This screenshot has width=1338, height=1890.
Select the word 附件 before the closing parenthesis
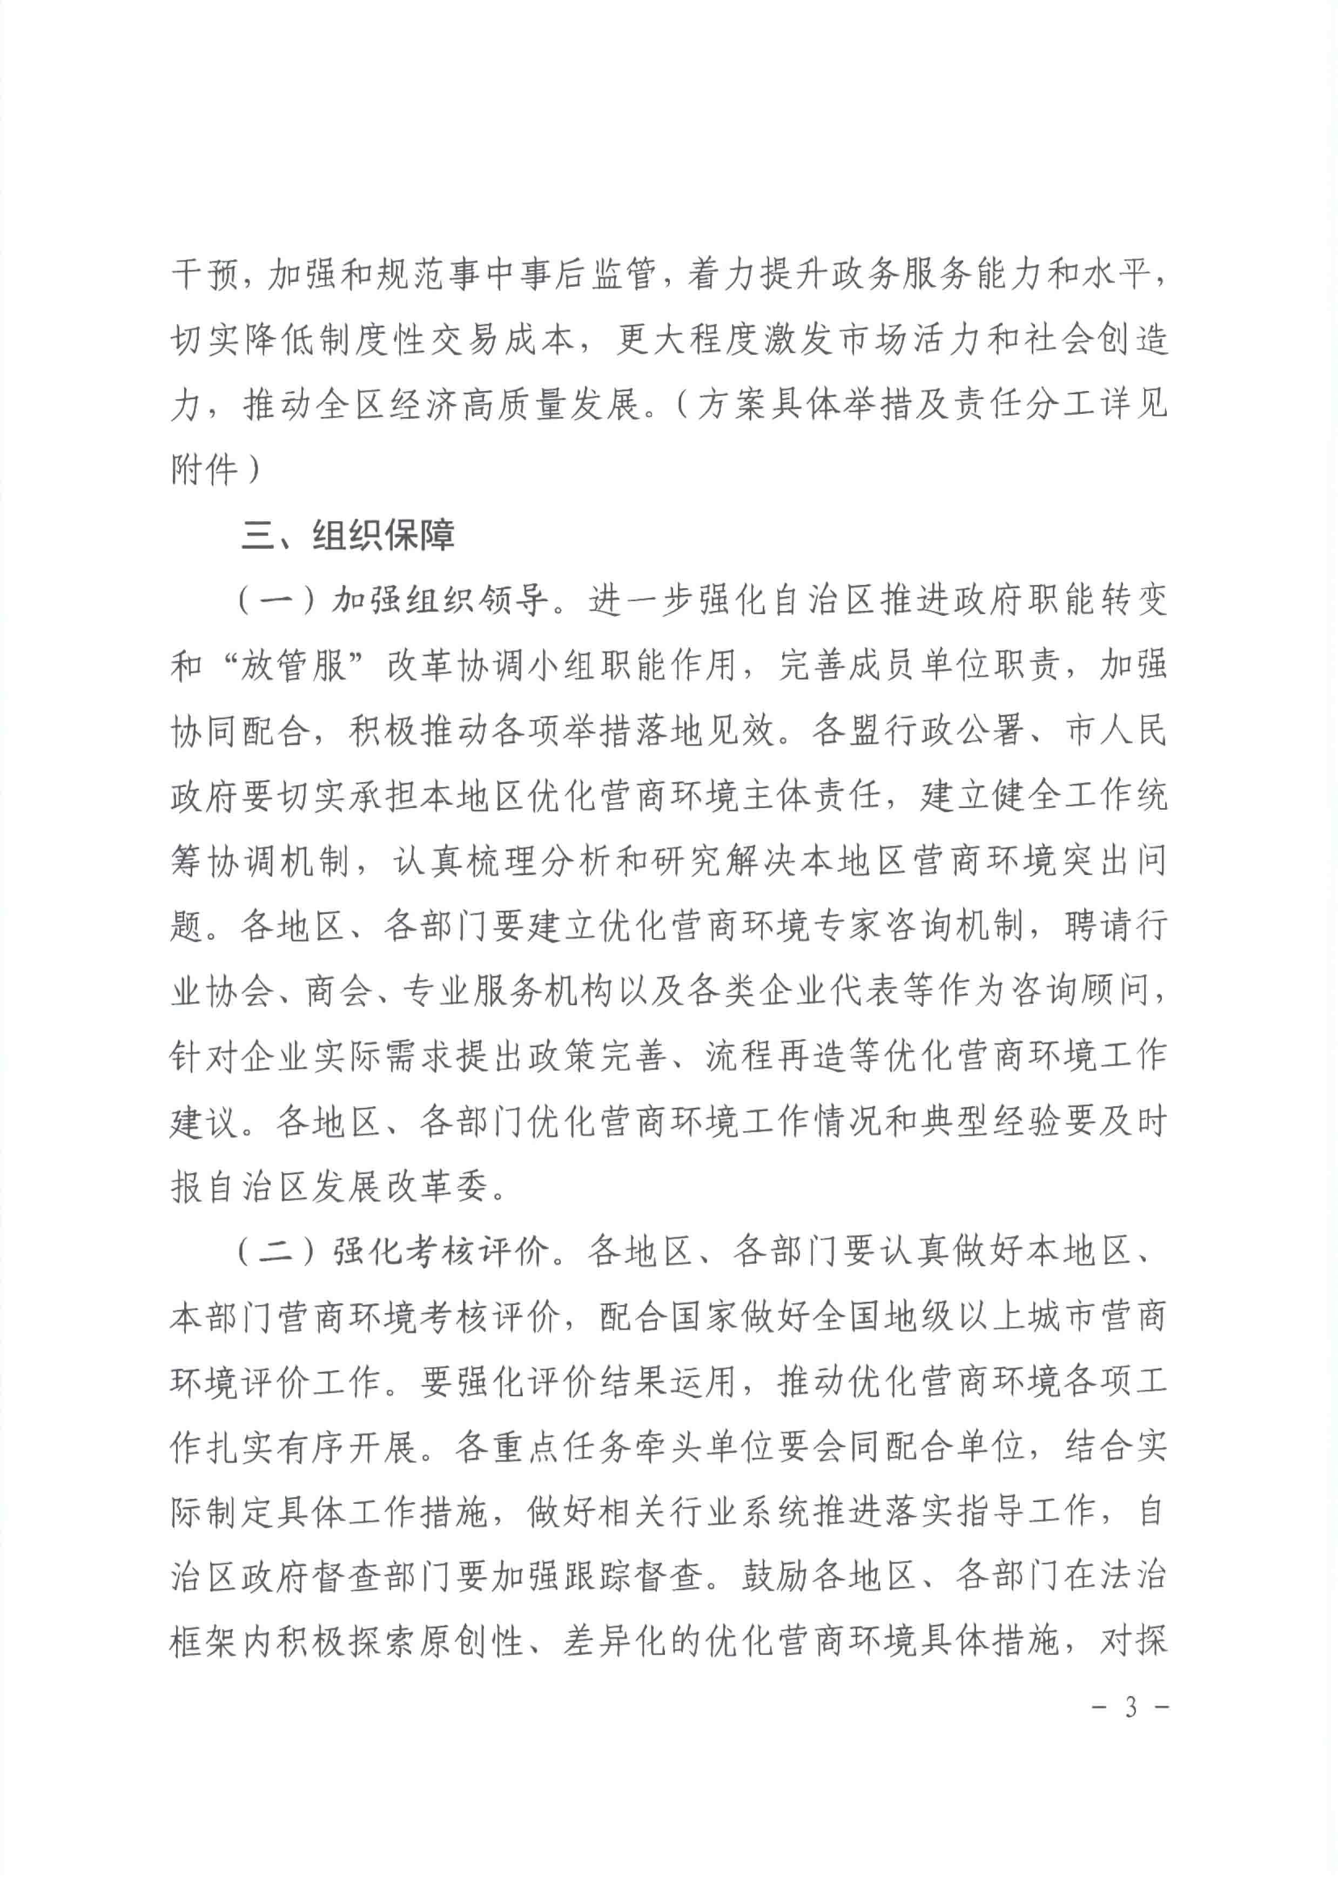pyautogui.click(x=204, y=470)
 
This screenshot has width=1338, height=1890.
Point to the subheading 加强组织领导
pyautogui.click(x=439, y=601)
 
